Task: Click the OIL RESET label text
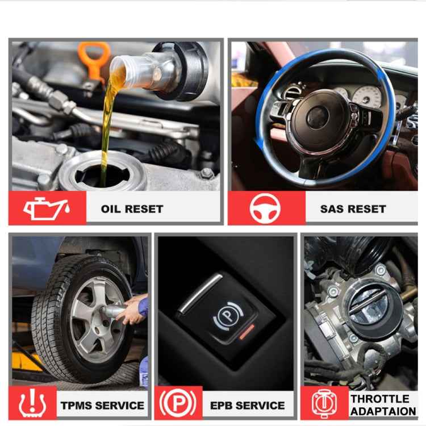pos(132,209)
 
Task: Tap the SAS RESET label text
pos(353,209)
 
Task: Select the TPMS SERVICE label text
pos(102,406)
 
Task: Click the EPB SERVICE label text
pos(248,406)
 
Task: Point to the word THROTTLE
pos(380,399)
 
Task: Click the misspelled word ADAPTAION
pos(383,411)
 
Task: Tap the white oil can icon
pos(47,208)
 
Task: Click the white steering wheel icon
pos(265,208)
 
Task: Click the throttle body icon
pos(324,403)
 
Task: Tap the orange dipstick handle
pos(93,57)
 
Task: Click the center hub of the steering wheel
pos(319,118)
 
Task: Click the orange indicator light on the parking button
pos(246,332)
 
